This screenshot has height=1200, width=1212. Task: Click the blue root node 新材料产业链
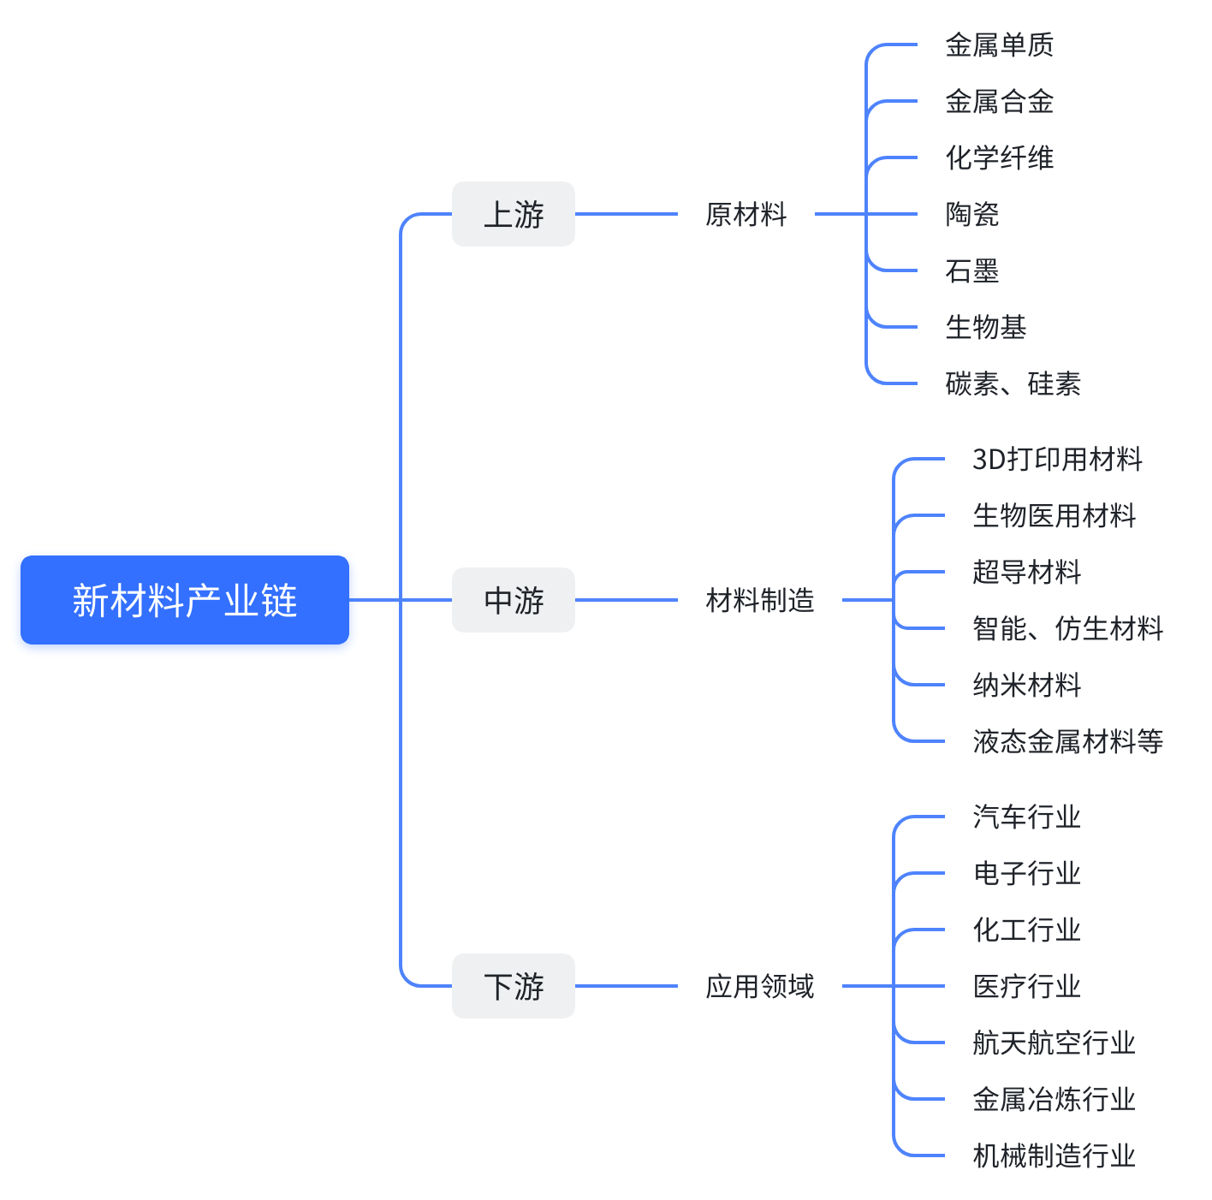click(x=184, y=600)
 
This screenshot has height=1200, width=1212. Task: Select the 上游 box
click(x=513, y=214)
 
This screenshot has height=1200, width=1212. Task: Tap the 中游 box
click(x=513, y=600)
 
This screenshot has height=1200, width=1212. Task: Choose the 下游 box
click(x=513, y=986)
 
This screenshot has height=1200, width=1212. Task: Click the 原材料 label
click(x=746, y=214)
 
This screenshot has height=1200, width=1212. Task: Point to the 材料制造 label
click(x=759, y=600)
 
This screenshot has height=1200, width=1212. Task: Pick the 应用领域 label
click(x=759, y=986)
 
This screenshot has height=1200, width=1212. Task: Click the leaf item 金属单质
click(x=999, y=45)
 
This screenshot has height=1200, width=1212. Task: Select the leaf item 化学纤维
click(x=999, y=157)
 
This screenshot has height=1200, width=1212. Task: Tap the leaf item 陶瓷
click(x=971, y=214)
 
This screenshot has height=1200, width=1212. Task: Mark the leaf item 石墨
click(x=971, y=270)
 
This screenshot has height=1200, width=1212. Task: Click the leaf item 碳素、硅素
click(x=1013, y=383)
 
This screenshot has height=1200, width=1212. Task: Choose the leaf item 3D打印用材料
click(x=1057, y=459)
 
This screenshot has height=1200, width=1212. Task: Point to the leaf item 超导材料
click(x=1026, y=572)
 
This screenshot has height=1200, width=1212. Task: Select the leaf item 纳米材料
click(x=1026, y=685)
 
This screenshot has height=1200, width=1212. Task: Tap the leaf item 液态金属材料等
click(x=1067, y=741)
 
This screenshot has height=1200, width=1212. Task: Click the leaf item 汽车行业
click(x=1026, y=817)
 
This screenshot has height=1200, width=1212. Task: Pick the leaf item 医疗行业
click(x=1026, y=986)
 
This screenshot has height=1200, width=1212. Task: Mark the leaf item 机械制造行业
click(x=1054, y=1155)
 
